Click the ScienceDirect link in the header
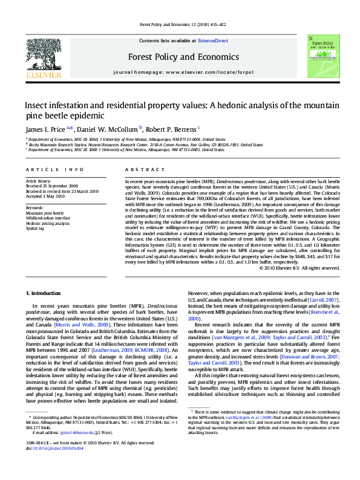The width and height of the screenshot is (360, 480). tap(212, 41)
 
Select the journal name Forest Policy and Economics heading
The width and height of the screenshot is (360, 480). tap(180, 57)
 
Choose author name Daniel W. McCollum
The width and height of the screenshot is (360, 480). tap(107, 129)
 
